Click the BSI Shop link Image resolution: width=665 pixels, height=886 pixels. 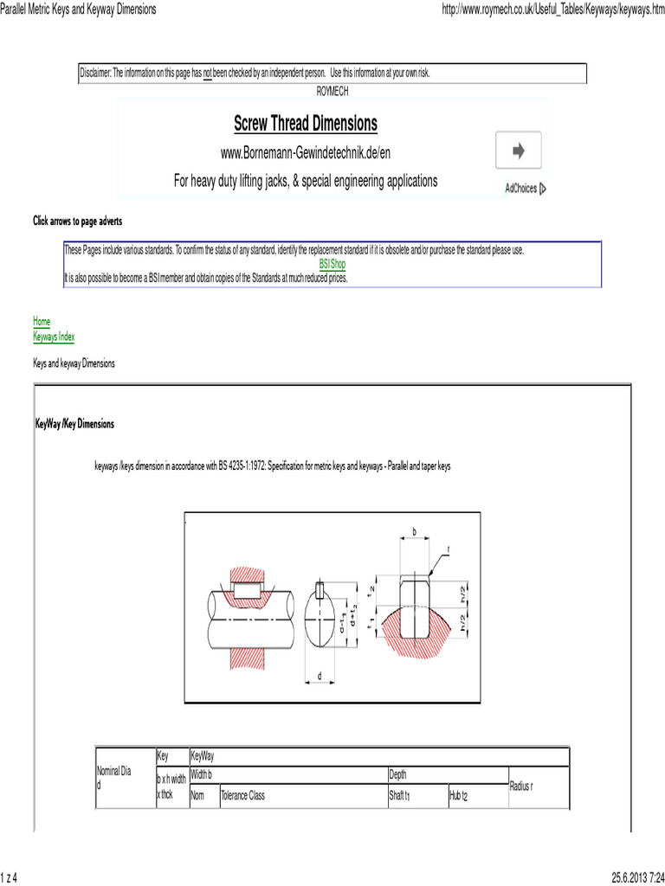[x=332, y=264]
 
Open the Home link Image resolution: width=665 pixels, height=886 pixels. [x=42, y=320]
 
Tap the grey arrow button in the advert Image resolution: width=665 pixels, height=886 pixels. [x=518, y=151]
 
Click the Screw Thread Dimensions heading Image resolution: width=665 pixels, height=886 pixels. [x=306, y=124]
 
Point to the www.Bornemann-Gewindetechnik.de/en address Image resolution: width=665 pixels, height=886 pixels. [x=306, y=153]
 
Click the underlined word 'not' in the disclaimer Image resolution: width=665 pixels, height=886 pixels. [x=208, y=73]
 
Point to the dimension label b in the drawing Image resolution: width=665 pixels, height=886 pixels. [x=415, y=530]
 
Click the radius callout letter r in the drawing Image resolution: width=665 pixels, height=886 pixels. [x=449, y=549]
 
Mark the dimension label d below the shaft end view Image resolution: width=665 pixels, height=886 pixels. [x=319, y=674]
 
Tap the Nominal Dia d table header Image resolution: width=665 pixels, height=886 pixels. [x=113, y=775]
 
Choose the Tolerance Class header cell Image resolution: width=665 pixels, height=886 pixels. [x=243, y=795]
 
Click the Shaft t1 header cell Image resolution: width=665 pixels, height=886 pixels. [x=399, y=795]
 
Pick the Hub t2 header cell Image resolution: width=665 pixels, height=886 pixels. [x=458, y=795]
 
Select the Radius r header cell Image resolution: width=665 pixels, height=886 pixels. [x=521, y=785]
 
